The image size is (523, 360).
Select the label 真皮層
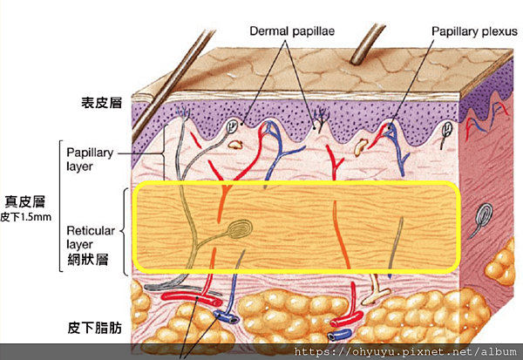pyautogui.click(x=25, y=200)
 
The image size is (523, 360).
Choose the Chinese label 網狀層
pyautogui.click(x=87, y=259)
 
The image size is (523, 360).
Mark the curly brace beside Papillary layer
pyautogui.click(x=62, y=158)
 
